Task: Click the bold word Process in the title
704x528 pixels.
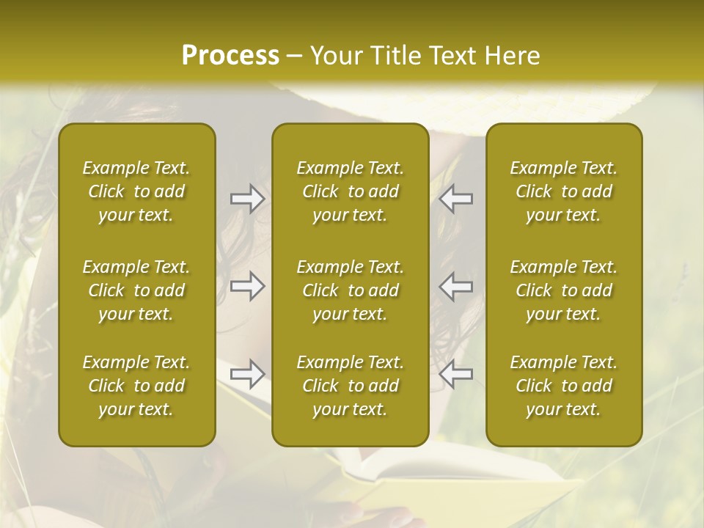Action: coord(230,56)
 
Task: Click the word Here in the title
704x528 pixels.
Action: coord(512,56)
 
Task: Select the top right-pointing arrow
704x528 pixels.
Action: coord(247,199)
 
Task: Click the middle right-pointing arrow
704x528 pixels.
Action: coord(247,286)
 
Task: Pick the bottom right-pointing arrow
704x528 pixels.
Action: coord(247,374)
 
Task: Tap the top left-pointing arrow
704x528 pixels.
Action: coord(456,199)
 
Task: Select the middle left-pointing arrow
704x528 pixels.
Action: coord(456,286)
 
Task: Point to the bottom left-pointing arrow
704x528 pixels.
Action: coord(456,374)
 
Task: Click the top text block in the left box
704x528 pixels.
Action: coord(136,191)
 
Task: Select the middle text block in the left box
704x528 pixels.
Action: coord(136,290)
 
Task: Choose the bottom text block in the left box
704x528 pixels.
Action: coord(136,386)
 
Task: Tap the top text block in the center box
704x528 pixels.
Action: coord(350,191)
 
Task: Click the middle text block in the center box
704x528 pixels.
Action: coord(350,290)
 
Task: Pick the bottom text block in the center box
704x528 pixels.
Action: coord(350,386)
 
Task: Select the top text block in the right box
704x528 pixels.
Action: coord(563,191)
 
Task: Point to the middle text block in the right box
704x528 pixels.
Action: coord(563,290)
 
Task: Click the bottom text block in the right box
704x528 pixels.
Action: coord(563,386)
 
